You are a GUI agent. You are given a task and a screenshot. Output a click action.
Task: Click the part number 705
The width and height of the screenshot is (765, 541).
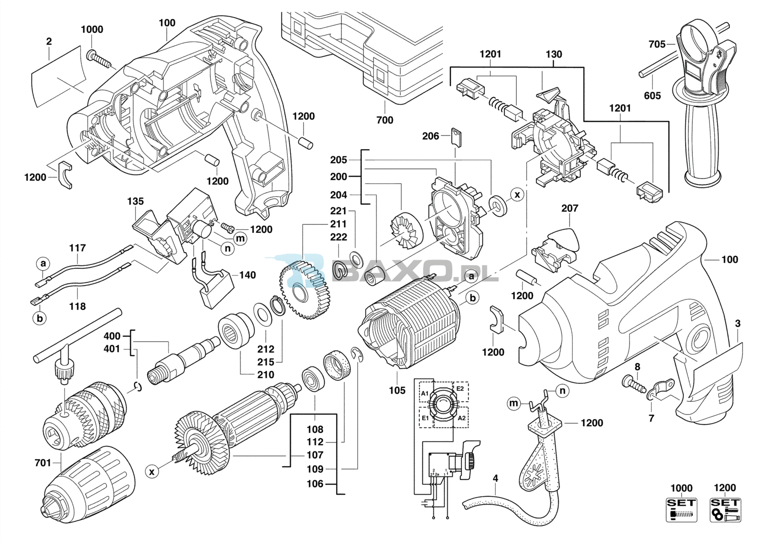pos(657,44)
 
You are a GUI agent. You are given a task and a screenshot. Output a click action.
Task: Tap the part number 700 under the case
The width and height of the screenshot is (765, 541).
pos(385,120)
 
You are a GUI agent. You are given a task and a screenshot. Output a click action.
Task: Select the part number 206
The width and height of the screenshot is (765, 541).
pos(430,136)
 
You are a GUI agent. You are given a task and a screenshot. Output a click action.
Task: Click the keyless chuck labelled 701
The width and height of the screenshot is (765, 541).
pos(89,482)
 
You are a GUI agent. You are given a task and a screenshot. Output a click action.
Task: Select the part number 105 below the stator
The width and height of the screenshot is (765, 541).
pos(397,390)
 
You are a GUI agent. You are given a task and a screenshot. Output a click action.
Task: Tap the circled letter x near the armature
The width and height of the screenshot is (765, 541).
pos(152,472)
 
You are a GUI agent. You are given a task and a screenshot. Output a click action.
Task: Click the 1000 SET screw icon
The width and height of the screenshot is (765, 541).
pos(682,509)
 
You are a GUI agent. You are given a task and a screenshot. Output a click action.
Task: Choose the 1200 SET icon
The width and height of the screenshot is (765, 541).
pos(725,509)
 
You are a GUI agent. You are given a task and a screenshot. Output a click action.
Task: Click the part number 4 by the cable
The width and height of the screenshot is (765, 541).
pos(495,478)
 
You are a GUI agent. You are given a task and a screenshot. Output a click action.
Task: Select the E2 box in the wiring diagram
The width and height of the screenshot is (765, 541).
pos(460,391)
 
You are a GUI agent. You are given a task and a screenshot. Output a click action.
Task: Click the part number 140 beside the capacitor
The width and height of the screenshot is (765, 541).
pos(247,275)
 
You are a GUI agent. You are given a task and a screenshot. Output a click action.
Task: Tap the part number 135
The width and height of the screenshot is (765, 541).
pos(136,201)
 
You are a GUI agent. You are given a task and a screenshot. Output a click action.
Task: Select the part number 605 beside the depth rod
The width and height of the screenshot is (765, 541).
pos(652,95)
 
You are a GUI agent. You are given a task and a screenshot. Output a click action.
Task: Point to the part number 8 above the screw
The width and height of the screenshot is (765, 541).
pos(637,367)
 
